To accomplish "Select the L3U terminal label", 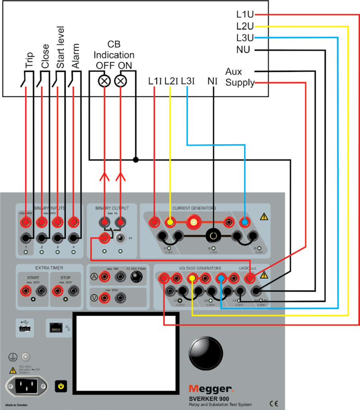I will click(x=245, y=38).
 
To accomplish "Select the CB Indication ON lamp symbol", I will click(x=120, y=81).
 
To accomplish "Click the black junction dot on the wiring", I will click(x=136, y=159).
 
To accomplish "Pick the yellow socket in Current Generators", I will click(x=170, y=222).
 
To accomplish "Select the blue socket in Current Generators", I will click(x=244, y=222).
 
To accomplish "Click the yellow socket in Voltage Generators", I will click(x=193, y=278).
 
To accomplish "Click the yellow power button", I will click(x=61, y=385).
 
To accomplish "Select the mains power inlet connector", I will click(x=26, y=385).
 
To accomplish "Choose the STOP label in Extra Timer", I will click(x=63, y=277).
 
